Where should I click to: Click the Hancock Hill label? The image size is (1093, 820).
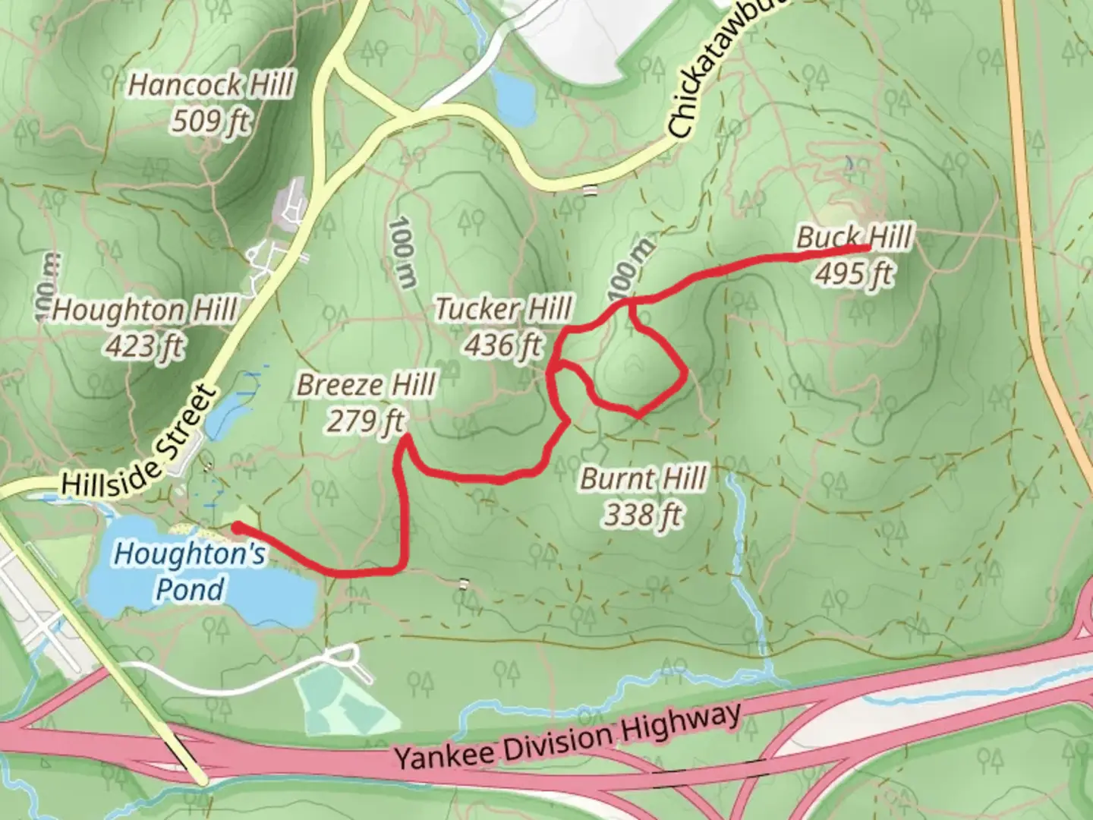tap(209, 84)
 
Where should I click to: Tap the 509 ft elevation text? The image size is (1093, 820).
tap(209, 121)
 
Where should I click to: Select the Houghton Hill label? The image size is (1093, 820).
tap(144, 311)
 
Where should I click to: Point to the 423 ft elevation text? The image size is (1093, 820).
tap(144, 346)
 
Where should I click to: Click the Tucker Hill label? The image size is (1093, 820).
tap(503, 309)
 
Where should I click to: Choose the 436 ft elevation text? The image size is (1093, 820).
tap(503, 345)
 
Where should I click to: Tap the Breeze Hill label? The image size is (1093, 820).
tap(366, 385)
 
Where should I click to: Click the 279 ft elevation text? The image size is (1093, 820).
tap(366, 420)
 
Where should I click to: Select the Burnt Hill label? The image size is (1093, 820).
tap(643, 479)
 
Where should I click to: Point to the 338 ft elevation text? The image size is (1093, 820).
tap(643, 516)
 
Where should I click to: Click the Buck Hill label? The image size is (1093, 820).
tap(853, 238)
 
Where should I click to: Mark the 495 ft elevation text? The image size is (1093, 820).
tap(853, 273)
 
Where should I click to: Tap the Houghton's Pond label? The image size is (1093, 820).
tap(190, 571)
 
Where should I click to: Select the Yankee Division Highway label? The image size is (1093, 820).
tap(567, 737)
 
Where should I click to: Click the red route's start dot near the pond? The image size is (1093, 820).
tap(237, 527)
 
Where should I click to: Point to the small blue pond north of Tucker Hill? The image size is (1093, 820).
tap(514, 97)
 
